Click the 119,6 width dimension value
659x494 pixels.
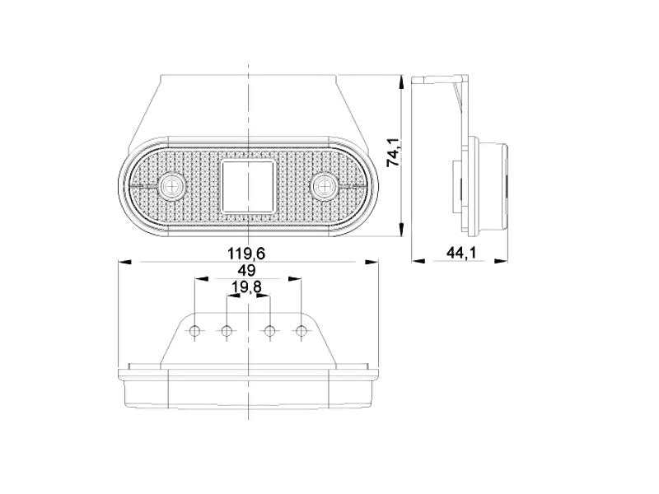point(246,254)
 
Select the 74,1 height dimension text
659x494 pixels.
point(394,152)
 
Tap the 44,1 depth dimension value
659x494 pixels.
point(460,253)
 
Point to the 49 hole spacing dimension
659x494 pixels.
point(246,271)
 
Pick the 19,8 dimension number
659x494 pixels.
point(246,287)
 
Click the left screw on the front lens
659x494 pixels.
point(171,184)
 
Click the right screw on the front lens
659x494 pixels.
point(323,184)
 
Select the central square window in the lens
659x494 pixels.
point(248,186)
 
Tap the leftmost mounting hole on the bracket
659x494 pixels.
point(194,332)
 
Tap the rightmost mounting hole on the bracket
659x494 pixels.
point(301,332)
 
